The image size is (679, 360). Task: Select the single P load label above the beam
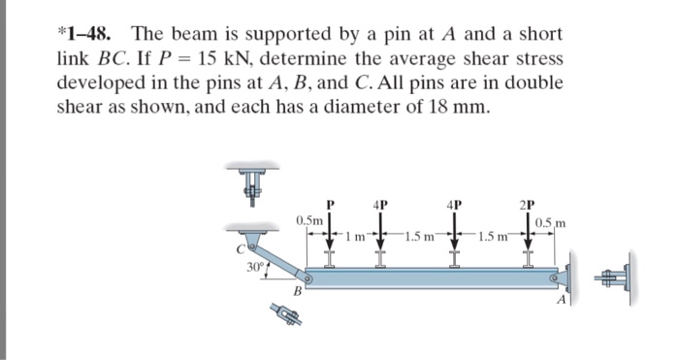click(331, 205)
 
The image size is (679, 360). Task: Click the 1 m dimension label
click(356, 237)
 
